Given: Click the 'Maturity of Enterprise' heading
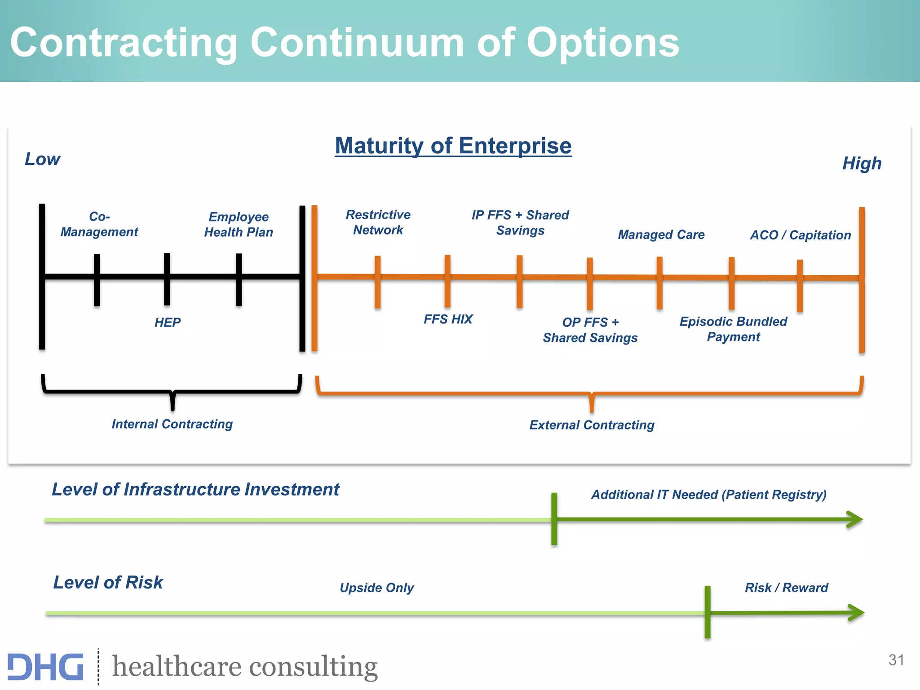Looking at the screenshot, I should tap(453, 146).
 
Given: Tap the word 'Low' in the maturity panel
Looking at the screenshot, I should tap(42, 159).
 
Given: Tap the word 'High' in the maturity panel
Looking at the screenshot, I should tap(862, 163).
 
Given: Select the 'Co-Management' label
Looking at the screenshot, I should tap(99, 224).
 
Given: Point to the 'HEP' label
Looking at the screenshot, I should tap(167, 322).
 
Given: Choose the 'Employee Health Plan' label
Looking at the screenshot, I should tap(239, 224).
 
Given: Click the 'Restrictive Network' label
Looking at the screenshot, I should tap(378, 222).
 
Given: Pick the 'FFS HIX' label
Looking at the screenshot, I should tap(448, 319).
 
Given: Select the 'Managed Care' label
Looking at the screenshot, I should tap(661, 234).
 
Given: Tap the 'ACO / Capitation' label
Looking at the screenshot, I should tap(800, 235).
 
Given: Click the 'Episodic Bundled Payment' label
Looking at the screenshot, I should tap(733, 329).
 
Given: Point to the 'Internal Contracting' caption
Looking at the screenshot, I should tap(172, 424).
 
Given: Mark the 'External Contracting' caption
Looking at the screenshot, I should tap(592, 425).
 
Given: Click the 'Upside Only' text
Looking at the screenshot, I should tap(376, 588).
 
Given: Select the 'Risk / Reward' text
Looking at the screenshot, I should tap(786, 588).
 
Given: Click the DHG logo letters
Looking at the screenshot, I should tap(45, 667).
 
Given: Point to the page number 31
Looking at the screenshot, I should tap(896, 660).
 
